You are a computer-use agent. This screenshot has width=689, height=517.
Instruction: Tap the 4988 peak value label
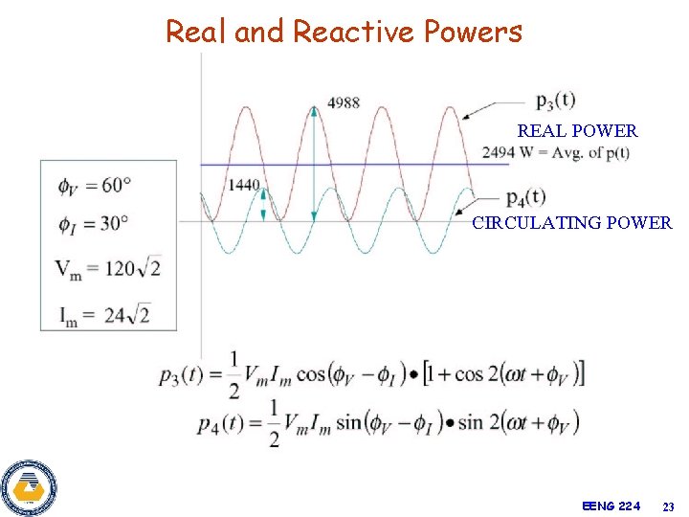pos(343,102)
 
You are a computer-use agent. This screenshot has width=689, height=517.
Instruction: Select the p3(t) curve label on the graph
pos(555,99)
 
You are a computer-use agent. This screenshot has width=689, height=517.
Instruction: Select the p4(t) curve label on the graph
pos(525,197)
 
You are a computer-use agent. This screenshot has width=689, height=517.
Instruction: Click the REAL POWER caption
pos(577,131)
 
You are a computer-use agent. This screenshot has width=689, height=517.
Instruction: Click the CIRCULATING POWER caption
pos(571,223)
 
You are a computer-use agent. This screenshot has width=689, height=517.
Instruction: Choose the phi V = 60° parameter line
pos(94,184)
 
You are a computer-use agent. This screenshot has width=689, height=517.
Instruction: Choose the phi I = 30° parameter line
pos(93,223)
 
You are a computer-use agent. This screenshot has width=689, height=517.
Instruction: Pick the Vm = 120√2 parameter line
pos(107,268)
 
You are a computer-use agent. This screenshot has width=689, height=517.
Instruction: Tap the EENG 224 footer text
pos(611,505)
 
